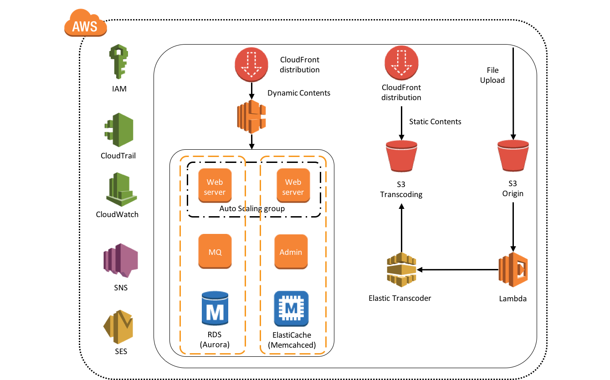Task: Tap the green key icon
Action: click(118, 61)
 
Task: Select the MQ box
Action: click(215, 251)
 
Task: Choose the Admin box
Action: click(291, 252)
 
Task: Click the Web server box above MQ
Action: click(215, 186)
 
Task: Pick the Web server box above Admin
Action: click(293, 186)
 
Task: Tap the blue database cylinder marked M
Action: click(215, 308)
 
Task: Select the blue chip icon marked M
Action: click(291, 309)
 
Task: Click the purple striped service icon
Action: click(120, 260)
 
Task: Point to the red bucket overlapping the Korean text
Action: click(401, 156)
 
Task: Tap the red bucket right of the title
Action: click(513, 156)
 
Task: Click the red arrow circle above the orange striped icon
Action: click(251, 65)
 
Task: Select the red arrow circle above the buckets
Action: click(401, 63)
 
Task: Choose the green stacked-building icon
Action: click(121, 190)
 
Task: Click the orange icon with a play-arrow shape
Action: click(513, 269)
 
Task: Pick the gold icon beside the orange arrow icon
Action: click(401, 270)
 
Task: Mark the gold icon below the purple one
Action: click(118, 327)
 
